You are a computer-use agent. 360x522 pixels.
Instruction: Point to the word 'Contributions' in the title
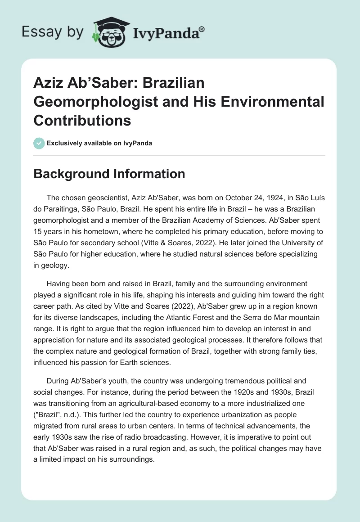coord(82,121)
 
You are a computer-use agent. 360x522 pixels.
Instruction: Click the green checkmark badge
coord(39,143)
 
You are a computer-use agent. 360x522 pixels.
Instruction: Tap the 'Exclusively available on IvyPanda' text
coord(99,143)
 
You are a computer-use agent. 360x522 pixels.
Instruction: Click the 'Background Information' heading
coord(109,174)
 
